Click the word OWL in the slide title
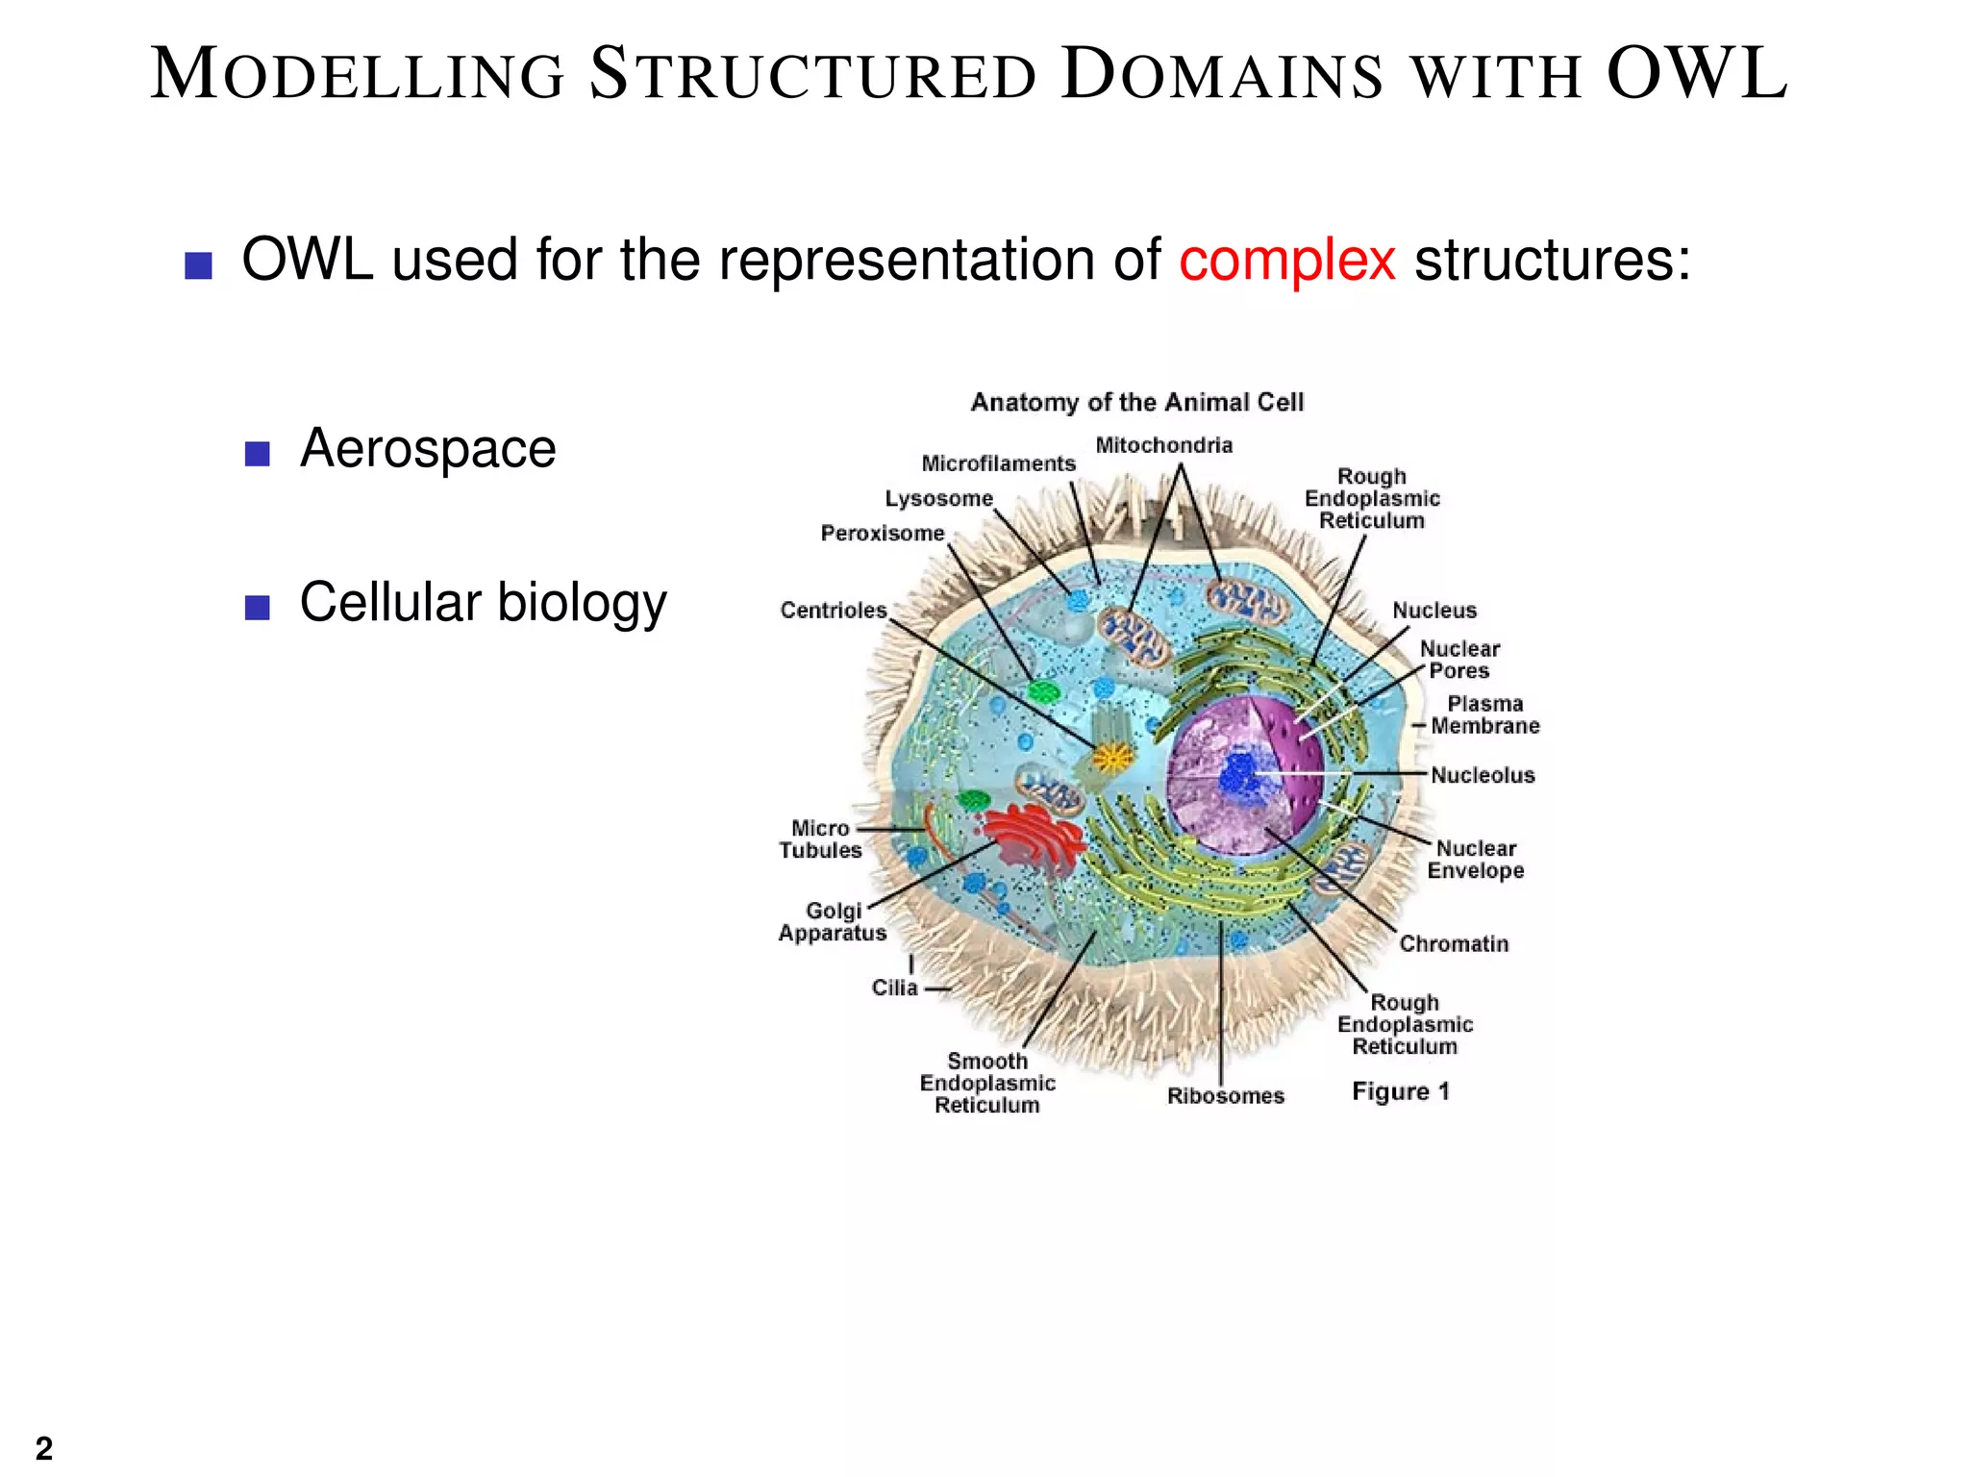click(x=1697, y=74)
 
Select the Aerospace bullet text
click(x=428, y=448)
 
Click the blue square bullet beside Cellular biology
click(x=257, y=607)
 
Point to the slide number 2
click(x=44, y=1447)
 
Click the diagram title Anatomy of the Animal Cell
click(x=1136, y=402)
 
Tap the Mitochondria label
click(x=1163, y=445)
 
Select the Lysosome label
click(x=938, y=498)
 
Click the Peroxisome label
click(x=882, y=533)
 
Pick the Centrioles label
click(x=833, y=610)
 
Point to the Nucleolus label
click(x=1482, y=775)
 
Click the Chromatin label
click(x=1453, y=943)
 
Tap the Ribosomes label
click(x=1225, y=1095)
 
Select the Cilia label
click(x=894, y=988)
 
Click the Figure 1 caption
click(x=1400, y=1091)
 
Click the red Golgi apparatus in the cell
click(x=1034, y=838)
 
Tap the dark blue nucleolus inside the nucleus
click(x=1240, y=774)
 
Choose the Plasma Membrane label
click(x=1483, y=714)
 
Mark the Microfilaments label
click(x=998, y=463)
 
